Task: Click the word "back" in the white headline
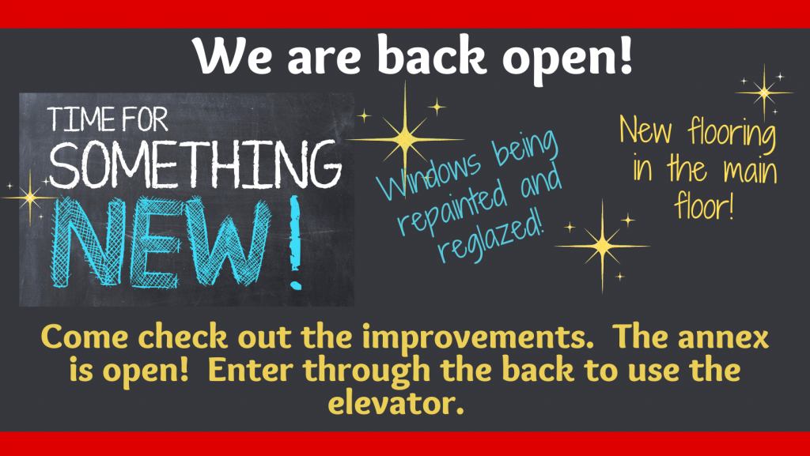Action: pos(432,55)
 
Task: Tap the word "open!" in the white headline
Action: pos(567,58)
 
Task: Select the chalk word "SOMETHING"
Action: pos(195,164)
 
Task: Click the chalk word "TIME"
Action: pos(81,119)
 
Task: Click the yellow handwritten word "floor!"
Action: pos(704,205)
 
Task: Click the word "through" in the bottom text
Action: pos(366,372)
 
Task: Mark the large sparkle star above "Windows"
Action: pos(405,139)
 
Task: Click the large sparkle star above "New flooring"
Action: pos(764,92)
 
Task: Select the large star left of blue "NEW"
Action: pos(30,198)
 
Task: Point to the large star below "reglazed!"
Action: pos(602,246)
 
